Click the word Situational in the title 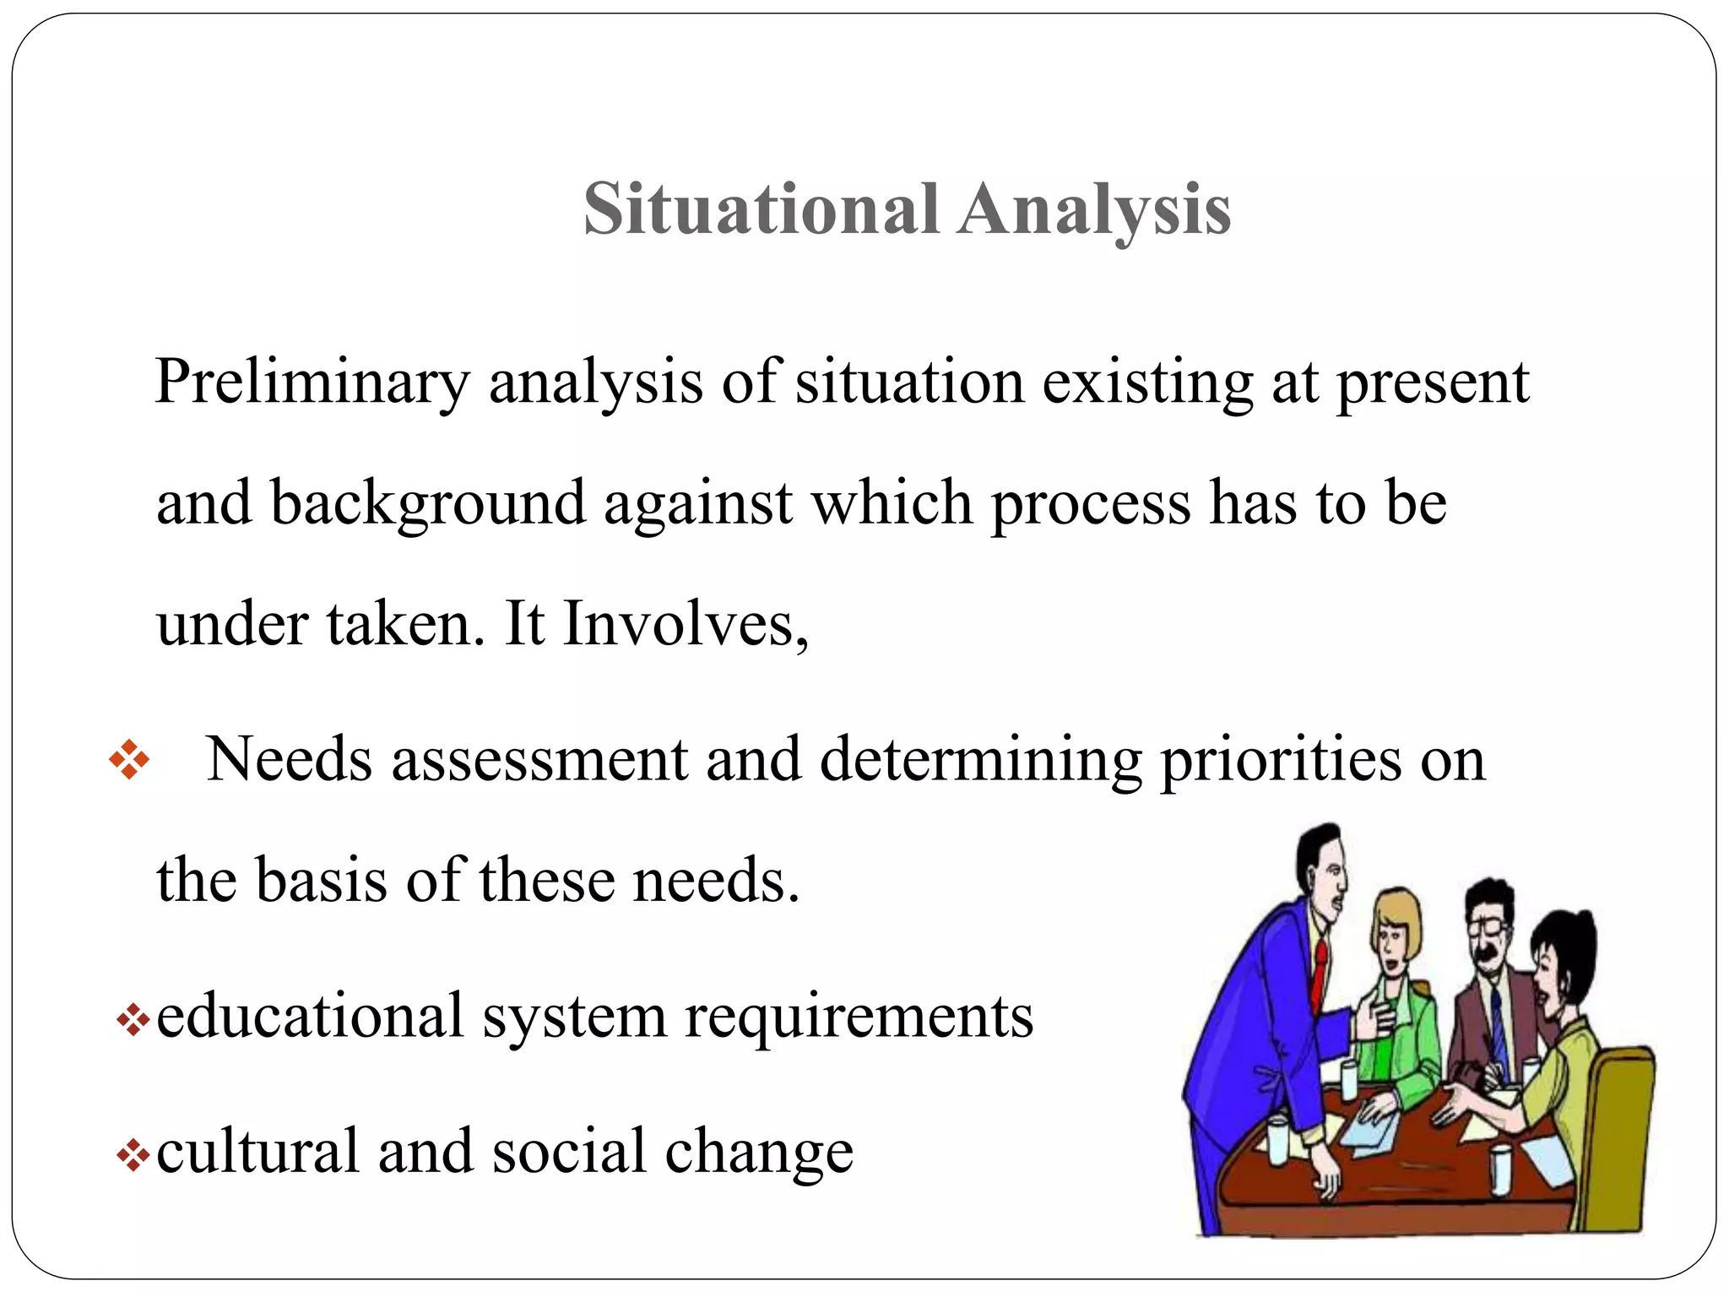pos(761,209)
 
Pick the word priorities pos(1281,761)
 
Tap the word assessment pos(539,761)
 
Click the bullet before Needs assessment pos(129,759)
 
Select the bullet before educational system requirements pos(133,1020)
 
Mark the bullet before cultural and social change pos(133,1155)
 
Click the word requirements pos(859,1017)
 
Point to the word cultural pos(257,1152)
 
